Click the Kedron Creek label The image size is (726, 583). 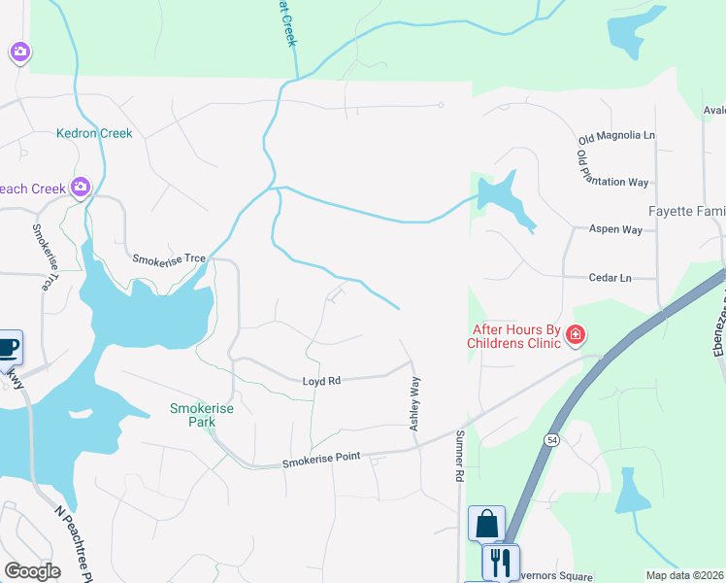(x=94, y=133)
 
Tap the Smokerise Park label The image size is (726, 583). (x=202, y=415)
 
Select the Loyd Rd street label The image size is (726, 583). (x=320, y=382)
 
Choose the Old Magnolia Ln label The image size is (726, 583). (x=616, y=135)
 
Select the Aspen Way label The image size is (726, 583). (x=616, y=229)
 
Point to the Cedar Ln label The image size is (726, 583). (x=610, y=278)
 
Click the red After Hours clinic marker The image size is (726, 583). (x=576, y=336)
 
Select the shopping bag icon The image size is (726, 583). (x=485, y=524)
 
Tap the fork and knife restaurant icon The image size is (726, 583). (x=501, y=561)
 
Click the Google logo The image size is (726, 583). (x=32, y=571)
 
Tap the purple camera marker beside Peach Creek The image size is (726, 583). (x=80, y=186)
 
